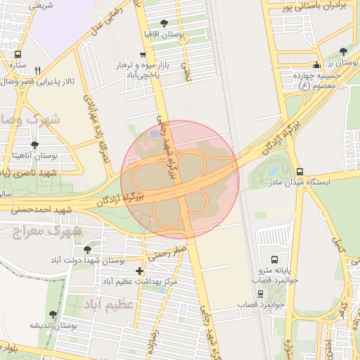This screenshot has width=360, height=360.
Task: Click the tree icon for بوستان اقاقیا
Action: (x=164, y=23)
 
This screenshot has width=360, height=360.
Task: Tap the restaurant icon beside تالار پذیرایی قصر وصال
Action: (x=37, y=70)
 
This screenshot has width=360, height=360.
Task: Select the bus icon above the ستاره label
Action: (x=18, y=54)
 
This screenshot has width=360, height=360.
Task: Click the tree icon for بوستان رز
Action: (x=342, y=51)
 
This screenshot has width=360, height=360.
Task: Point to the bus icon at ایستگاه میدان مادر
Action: (x=300, y=171)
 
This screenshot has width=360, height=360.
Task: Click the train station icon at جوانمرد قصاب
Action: (x=261, y=292)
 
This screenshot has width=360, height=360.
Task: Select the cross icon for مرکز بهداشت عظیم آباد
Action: (x=139, y=271)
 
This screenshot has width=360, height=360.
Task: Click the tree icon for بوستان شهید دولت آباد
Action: (x=87, y=249)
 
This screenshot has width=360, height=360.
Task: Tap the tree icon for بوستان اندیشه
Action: (x=53, y=314)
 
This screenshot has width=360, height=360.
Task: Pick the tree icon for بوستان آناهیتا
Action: (x=34, y=145)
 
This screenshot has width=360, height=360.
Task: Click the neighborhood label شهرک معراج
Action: (x=49, y=231)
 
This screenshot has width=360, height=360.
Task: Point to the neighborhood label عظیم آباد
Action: (x=110, y=304)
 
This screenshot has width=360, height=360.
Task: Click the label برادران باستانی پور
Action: (x=315, y=7)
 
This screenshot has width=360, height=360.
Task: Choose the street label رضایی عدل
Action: (x=106, y=18)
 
